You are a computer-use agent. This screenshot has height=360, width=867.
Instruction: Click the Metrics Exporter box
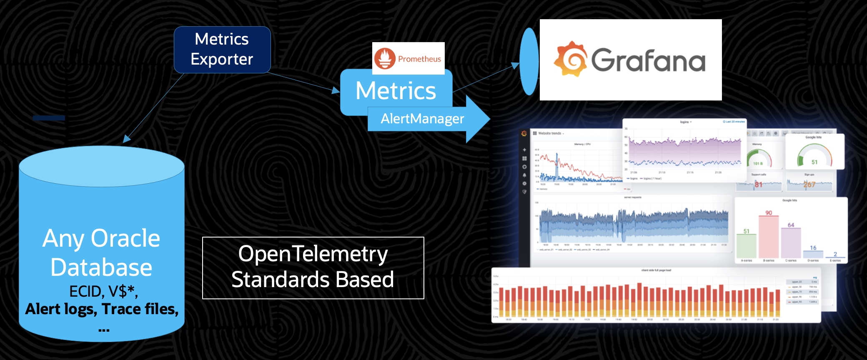(222, 50)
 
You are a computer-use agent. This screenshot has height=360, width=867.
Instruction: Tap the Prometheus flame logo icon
(384, 58)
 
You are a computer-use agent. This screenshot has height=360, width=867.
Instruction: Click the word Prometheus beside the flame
(419, 59)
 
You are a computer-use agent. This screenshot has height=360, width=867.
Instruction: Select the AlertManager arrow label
(422, 119)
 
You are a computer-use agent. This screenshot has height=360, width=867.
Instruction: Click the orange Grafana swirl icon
(570, 59)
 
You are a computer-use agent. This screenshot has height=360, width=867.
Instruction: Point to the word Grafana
(648, 61)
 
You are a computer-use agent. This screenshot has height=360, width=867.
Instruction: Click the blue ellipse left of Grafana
(529, 61)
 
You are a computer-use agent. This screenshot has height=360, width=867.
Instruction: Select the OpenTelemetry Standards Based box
(313, 267)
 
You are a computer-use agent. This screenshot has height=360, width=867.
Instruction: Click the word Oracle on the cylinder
(125, 238)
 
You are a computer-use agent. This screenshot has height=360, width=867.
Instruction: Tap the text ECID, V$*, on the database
(103, 291)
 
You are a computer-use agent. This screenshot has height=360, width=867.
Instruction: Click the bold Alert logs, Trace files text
(102, 309)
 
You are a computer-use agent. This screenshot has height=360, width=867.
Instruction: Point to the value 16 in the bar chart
(813, 248)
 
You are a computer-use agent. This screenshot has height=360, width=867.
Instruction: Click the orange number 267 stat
(809, 184)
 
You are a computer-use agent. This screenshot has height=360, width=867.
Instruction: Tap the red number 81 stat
(758, 184)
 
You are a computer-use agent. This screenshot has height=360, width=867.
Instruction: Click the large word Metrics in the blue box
(396, 91)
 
